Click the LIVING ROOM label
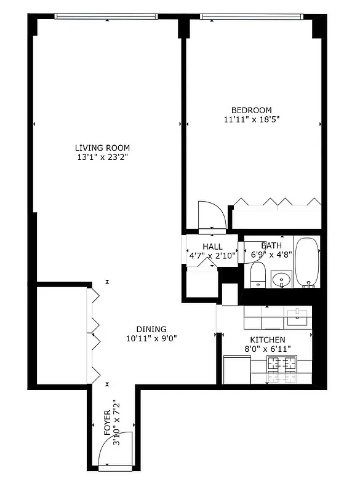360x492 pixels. click(x=102, y=148)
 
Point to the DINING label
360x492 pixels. click(x=151, y=329)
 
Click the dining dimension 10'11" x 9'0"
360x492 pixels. click(x=151, y=338)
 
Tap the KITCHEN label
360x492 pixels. click(x=267, y=340)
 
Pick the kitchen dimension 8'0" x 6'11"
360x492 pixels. click(x=267, y=349)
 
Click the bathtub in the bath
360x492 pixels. click(x=306, y=262)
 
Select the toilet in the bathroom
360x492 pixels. click(x=258, y=276)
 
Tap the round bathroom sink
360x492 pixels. click(x=282, y=280)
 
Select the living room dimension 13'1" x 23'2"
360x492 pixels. click(x=102, y=157)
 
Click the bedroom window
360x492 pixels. click(x=252, y=17)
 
